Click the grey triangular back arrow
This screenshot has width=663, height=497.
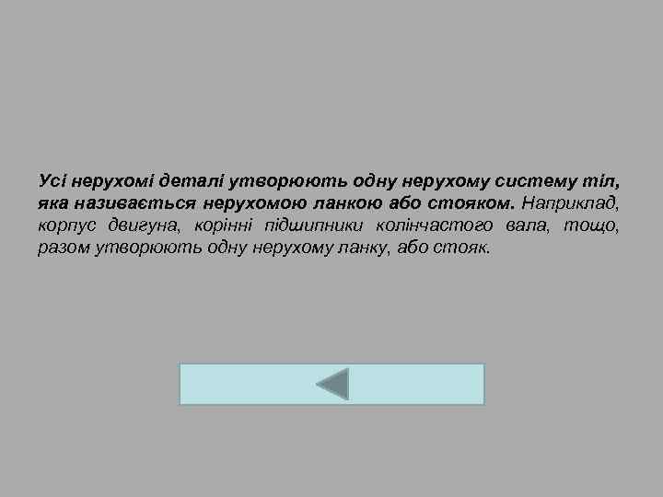point(334,384)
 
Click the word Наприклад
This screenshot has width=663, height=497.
point(571,202)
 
